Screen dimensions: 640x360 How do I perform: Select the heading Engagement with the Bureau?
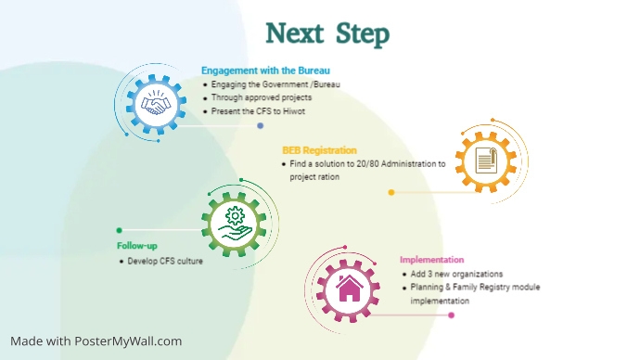pos(265,70)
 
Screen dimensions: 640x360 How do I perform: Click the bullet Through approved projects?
pos(261,97)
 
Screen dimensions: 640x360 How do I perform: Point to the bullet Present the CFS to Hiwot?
pos(257,111)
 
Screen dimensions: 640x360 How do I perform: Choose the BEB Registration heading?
pos(319,150)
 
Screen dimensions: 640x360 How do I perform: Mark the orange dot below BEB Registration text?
pos(391,193)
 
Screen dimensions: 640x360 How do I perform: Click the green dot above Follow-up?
pos(119,230)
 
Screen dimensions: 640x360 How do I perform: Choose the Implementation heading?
pos(431,260)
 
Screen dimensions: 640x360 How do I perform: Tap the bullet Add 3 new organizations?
pos(456,275)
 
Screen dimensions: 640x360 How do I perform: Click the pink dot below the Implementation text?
pos(452,315)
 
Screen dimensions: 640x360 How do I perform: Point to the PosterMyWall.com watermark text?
pos(96,341)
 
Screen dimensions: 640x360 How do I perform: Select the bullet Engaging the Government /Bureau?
pos(275,84)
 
